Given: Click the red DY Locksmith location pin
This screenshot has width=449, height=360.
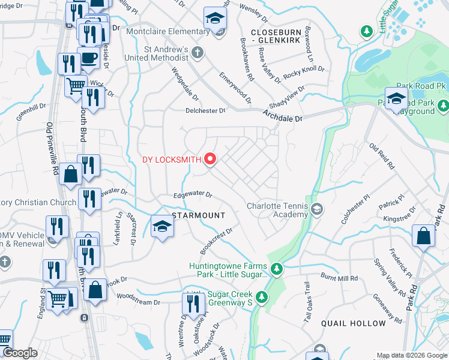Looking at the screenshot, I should (210, 159).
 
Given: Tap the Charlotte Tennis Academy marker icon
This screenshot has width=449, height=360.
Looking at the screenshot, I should (317, 209).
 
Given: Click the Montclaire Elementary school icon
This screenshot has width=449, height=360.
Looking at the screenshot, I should (214, 18).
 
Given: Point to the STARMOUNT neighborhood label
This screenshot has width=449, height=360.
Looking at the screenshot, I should (199, 215).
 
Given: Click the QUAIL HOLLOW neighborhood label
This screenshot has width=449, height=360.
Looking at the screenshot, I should (354, 323).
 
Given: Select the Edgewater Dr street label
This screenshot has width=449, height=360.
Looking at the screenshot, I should (193, 195).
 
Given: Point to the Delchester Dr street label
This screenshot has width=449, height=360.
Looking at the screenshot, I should (205, 110).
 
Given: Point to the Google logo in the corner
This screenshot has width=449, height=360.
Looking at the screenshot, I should (20, 353).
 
